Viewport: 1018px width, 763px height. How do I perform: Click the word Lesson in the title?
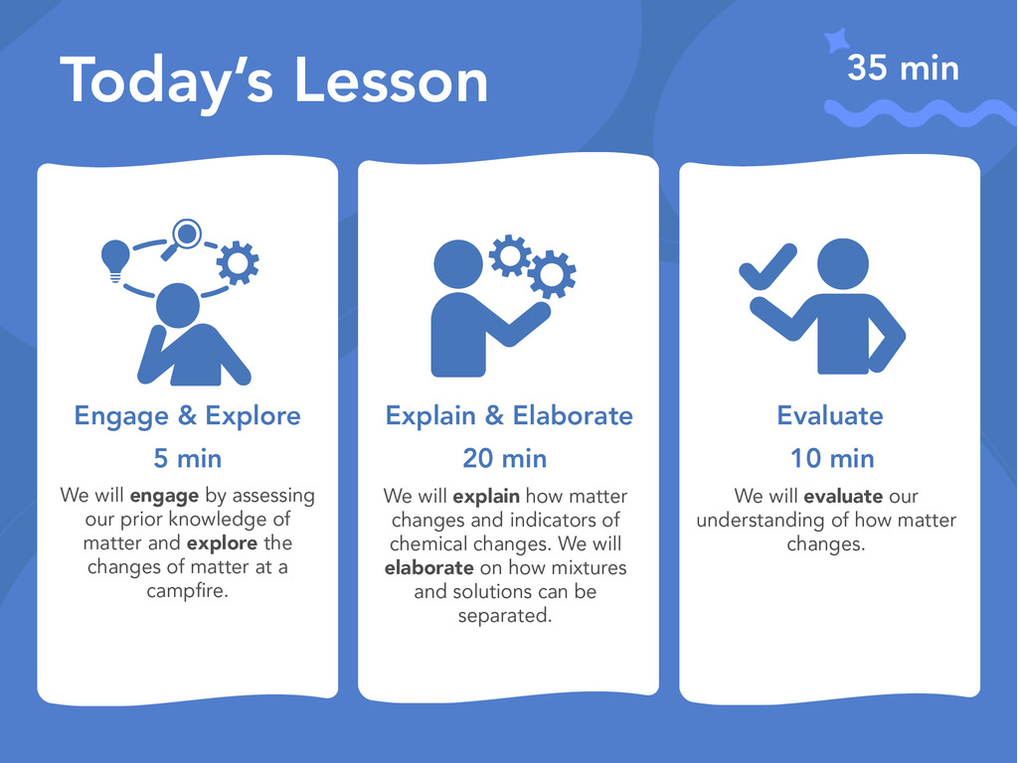click(x=391, y=80)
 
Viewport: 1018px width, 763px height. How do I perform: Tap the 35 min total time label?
click(x=903, y=68)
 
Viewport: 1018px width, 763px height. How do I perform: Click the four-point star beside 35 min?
click(x=837, y=40)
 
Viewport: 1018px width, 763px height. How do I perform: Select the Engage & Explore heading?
click(x=187, y=416)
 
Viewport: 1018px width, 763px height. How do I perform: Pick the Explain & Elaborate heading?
click(x=509, y=416)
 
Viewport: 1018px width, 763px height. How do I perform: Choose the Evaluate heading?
click(x=830, y=416)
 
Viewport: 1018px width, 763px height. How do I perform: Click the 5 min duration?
click(x=187, y=458)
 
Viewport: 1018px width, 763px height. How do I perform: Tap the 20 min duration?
click(x=504, y=458)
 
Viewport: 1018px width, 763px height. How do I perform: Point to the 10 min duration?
click(x=832, y=458)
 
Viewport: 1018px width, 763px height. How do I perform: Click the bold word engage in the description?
click(x=164, y=497)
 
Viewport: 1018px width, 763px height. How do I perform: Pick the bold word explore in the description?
click(x=222, y=543)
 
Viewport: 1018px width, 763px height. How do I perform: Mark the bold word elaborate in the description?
click(x=429, y=567)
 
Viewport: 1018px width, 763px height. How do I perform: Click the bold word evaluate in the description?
click(x=843, y=497)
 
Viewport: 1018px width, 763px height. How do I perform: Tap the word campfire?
click(x=187, y=591)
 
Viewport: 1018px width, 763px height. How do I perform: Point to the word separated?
click(x=505, y=615)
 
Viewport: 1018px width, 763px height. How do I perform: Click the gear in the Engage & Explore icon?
click(x=238, y=262)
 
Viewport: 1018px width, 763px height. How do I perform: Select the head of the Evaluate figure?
click(x=843, y=264)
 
